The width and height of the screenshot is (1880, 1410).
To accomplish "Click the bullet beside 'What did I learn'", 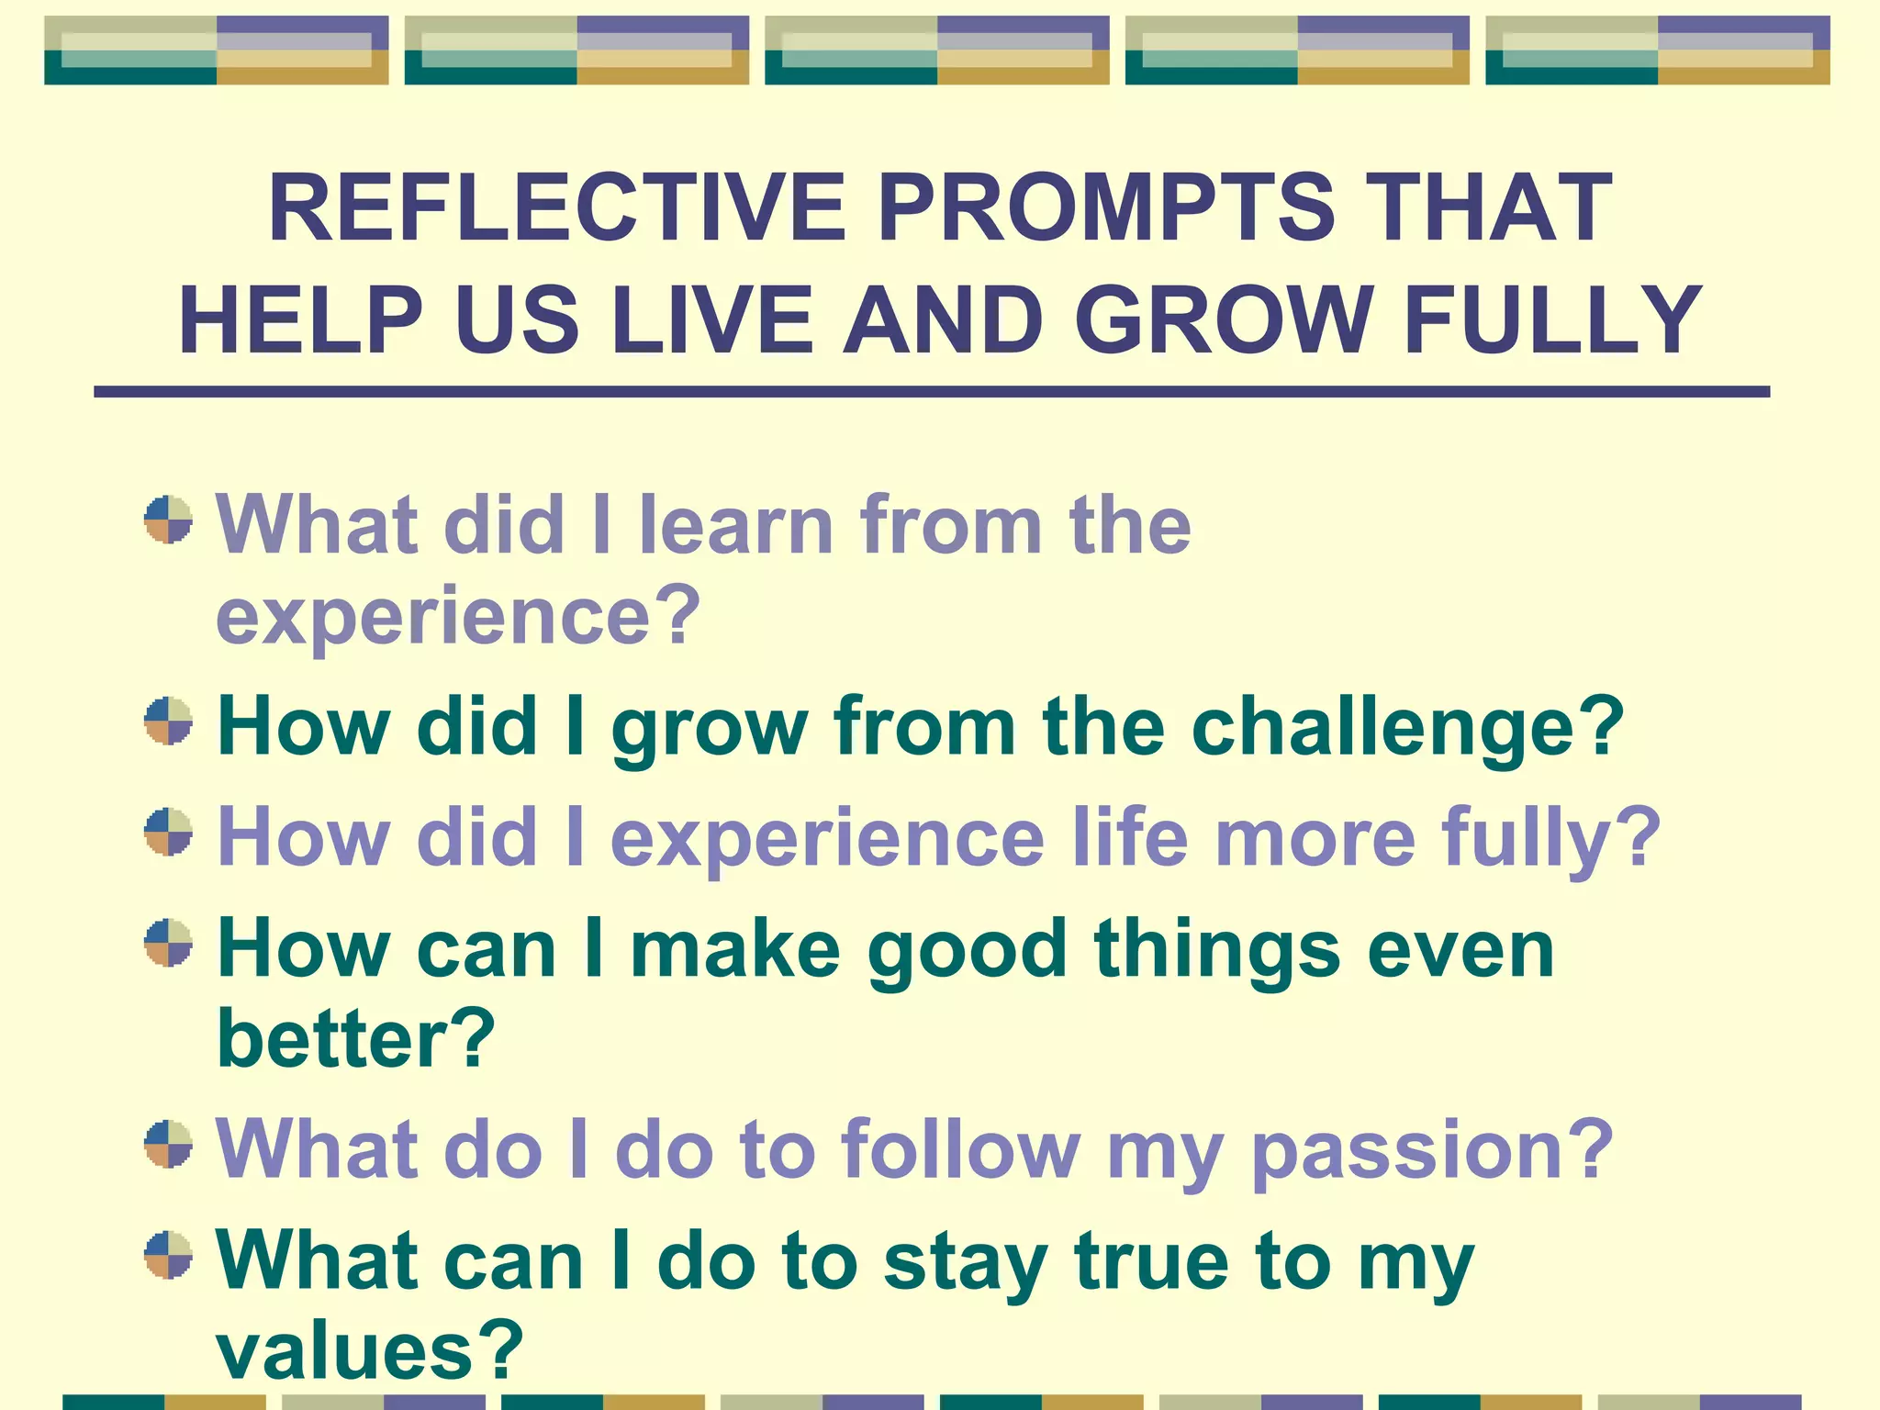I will (169, 520).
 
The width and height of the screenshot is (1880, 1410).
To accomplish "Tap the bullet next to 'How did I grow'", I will (169, 722).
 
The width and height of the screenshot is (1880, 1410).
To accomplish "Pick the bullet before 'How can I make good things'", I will (169, 943).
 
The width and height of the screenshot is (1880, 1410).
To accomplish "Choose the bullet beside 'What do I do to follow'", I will (169, 1144).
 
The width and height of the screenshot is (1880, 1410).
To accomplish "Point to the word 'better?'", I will (355, 1039).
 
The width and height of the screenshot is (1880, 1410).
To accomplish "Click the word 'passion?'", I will (1432, 1151).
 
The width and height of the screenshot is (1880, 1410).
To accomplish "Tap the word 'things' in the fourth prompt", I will (1216, 951).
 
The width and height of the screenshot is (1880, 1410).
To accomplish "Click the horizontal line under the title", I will (932, 392).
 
